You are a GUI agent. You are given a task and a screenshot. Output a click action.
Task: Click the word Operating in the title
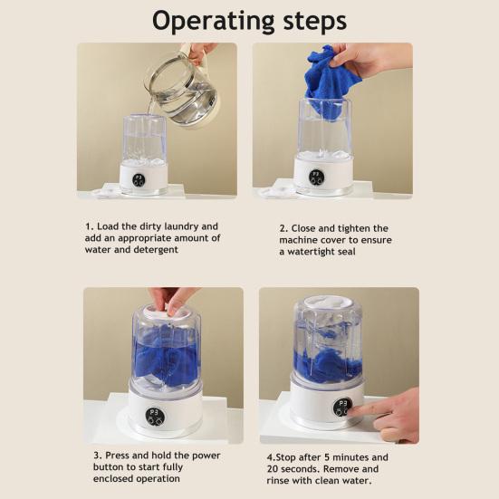coord(213,22)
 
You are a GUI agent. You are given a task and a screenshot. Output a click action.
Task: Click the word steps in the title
coord(315,21)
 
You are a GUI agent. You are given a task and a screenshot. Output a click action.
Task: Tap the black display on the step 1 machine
coord(139,180)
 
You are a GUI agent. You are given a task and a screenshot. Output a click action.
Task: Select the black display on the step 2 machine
coord(317,178)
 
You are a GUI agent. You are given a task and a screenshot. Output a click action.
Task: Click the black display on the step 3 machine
coord(155,417)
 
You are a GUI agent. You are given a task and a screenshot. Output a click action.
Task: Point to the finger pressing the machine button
coord(366,409)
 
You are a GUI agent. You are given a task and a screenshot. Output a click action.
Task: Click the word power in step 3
coord(206,456)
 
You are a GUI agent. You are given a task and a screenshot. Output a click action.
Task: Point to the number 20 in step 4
coord(273,469)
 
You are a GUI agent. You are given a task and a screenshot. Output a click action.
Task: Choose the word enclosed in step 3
coord(110,479)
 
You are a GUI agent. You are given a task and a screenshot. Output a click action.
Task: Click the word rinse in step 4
coord(277,481)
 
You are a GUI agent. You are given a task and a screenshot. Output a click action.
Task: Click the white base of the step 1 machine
coord(143,178)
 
